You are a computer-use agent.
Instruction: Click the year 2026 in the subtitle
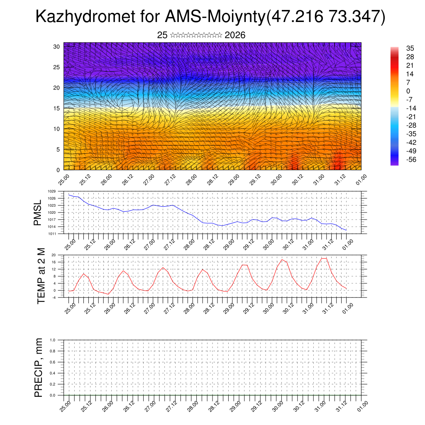click(235, 35)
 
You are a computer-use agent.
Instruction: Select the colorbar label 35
click(398, 48)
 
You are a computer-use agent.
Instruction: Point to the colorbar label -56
click(400, 159)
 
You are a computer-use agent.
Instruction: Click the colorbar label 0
click(396, 91)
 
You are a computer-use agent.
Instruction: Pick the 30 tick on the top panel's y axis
click(57, 46)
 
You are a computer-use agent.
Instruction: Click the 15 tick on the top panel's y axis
click(57, 108)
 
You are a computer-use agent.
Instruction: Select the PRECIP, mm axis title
click(39, 367)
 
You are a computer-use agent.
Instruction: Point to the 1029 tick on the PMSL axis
click(51, 191)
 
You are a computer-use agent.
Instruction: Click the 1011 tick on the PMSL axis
click(51, 234)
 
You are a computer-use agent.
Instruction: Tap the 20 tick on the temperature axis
click(54, 255)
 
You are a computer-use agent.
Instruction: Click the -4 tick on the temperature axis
click(54, 297)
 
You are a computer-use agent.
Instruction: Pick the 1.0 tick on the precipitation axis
click(52, 340)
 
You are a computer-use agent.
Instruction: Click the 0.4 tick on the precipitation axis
click(52, 373)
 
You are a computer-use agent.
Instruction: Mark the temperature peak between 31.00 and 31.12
click(324, 258)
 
